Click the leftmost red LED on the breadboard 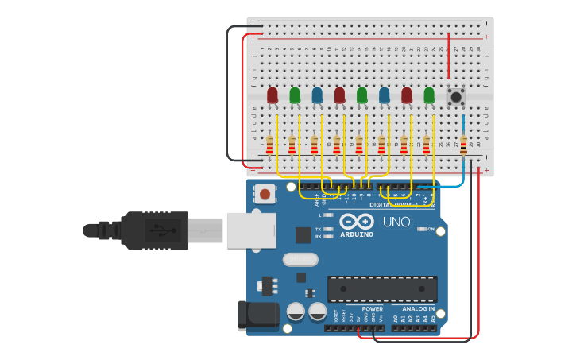(273, 95)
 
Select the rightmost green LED (429, 95)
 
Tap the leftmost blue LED (317, 95)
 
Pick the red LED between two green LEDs (340, 95)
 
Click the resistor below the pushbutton (463, 145)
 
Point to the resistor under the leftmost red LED (270, 145)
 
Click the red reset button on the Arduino (265, 193)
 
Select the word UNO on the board (396, 222)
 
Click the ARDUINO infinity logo (356, 223)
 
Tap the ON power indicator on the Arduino (430, 229)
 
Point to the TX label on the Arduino (319, 228)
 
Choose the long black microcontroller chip (382, 288)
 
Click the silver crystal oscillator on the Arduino (300, 259)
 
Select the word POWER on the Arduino (372, 308)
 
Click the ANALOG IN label (418, 308)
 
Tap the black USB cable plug (155, 230)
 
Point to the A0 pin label (396, 319)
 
